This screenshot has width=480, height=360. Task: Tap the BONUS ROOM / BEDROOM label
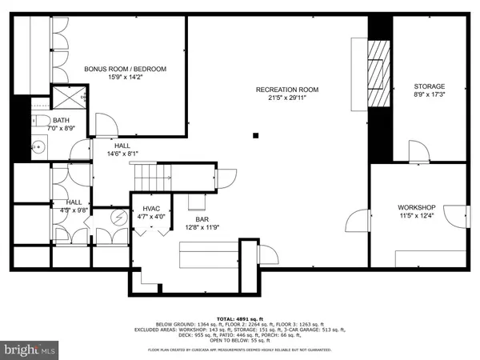[x=126, y=70]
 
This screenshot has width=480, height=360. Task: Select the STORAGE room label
[x=429, y=86]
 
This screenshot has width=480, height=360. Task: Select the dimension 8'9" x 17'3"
[x=429, y=96]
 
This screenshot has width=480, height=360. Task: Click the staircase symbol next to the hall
[x=152, y=173]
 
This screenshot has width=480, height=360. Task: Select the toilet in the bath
[x=40, y=122]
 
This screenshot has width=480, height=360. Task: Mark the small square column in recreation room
[x=256, y=134]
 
